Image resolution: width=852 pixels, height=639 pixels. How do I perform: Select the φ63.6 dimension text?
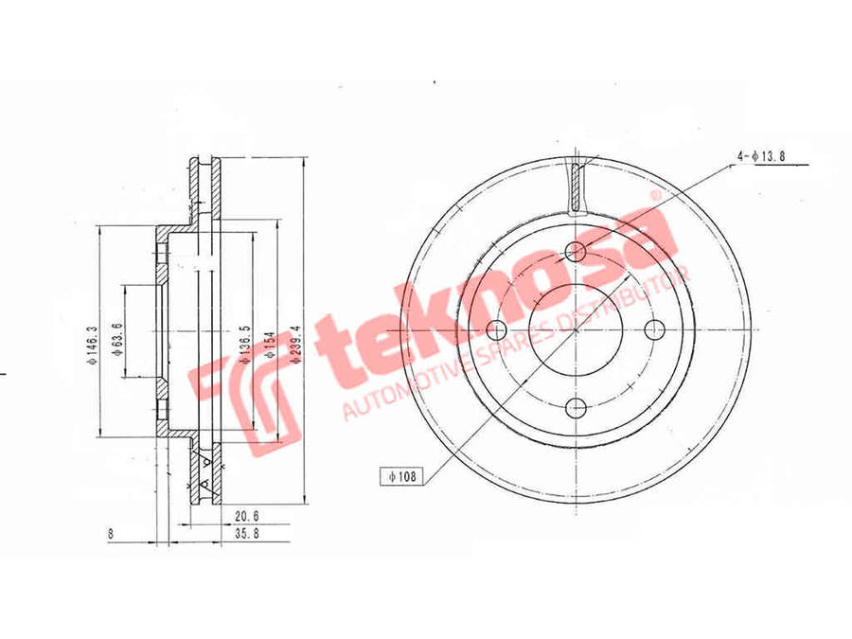(x=115, y=340)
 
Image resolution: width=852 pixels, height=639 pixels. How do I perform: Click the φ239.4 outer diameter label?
(x=296, y=345)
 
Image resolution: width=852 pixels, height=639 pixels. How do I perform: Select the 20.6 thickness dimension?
(x=246, y=516)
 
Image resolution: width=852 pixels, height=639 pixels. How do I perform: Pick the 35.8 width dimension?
(x=246, y=535)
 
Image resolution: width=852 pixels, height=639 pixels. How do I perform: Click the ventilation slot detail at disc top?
(x=577, y=185)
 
